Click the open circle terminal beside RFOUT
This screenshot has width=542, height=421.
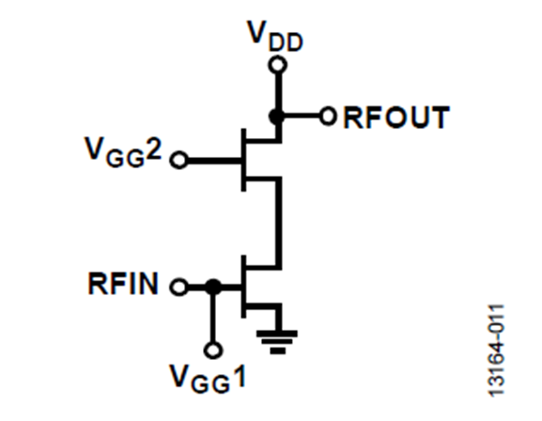pos(328,117)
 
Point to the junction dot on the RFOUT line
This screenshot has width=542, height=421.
pos(276,117)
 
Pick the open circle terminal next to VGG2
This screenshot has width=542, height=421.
pos(178,160)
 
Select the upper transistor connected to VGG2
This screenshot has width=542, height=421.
pos(254,160)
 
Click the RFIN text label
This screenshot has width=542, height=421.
pos(126,283)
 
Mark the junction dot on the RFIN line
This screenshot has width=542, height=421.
pos(213,286)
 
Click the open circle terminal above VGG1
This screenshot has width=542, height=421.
pos(213,350)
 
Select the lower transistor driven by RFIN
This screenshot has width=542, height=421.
pos(254,286)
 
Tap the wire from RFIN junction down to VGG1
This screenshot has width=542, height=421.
pos(213,318)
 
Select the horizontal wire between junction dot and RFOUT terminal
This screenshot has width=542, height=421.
pos(301,117)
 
